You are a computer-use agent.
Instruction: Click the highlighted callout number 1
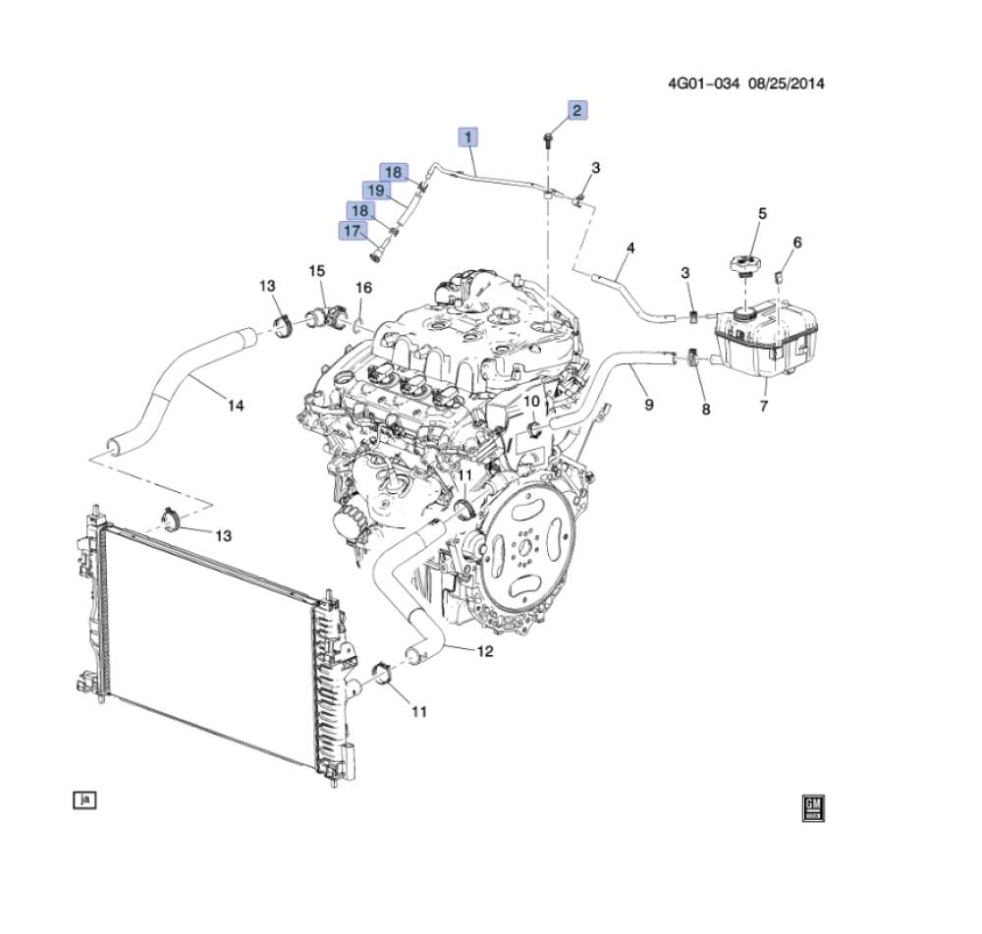tap(467, 137)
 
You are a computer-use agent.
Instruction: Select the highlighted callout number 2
tap(577, 110)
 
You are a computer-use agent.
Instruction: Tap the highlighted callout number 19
tap(376, 190)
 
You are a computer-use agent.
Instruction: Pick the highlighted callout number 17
tap(352, 231)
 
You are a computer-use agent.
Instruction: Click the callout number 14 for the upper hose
tap(236, 406)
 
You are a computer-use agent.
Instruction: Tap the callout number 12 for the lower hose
tap(485, 651)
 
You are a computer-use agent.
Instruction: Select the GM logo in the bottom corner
tap(813, 808)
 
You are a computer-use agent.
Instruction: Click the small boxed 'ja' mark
tap(84, 800)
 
